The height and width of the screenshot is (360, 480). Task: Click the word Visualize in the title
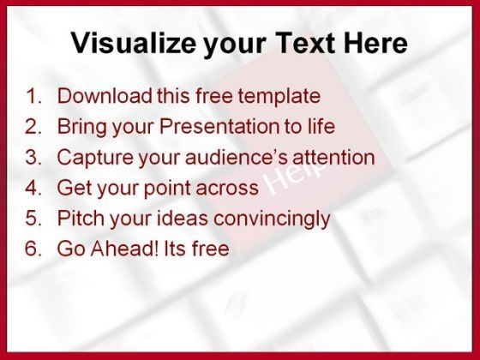click(134, 42)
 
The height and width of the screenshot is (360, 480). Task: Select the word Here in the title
click(375, 43)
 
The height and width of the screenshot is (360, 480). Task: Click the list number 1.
click(33, 95)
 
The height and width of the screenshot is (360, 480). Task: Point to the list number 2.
click(33, 126)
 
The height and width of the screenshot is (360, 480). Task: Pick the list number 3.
click(33, 157)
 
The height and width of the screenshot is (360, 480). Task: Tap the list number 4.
click(33, 188)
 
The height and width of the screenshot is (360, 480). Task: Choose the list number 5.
click(33, 218)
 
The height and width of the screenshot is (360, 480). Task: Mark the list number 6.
click(33, 249)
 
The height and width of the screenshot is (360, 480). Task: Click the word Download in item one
click(105, 95)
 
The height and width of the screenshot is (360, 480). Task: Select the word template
click(279, 97)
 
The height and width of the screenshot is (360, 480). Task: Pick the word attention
click(333, 157)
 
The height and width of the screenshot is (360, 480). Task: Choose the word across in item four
click(227, 188)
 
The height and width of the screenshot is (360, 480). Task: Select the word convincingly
click(272, 219)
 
